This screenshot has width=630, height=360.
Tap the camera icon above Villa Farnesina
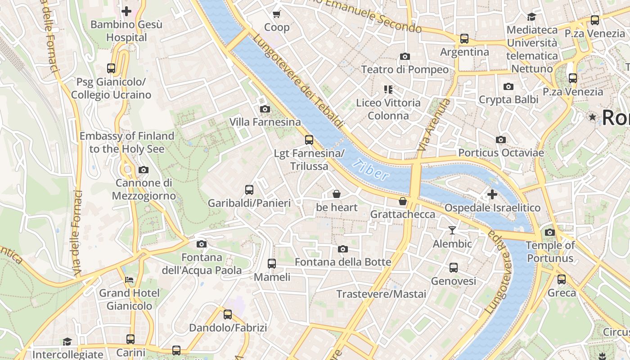(265, 109)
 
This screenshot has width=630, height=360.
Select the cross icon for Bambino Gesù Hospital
(126, 11)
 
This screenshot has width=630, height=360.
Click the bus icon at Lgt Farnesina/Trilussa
(309, 139)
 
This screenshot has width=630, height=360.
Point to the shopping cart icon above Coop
(277, 14)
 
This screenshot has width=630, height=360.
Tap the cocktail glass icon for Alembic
(452, 230)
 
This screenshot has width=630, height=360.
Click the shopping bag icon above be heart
(336, 194)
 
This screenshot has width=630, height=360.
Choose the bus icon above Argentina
(464, 39)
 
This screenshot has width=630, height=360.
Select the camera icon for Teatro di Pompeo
(405, 56)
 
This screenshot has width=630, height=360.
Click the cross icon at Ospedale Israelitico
(492, 194)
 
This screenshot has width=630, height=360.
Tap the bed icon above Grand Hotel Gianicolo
(129, 280)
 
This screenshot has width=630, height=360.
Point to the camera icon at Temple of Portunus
(549, 232)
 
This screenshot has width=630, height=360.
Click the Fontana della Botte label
(343, 262)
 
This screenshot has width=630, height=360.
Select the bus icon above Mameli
(271, 263)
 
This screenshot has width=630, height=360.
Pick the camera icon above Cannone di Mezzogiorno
(143, 170)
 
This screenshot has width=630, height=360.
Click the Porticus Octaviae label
(501, 153)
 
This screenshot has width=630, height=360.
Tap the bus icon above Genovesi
(453, 267)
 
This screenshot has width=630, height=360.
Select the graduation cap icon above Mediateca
(531, 17)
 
